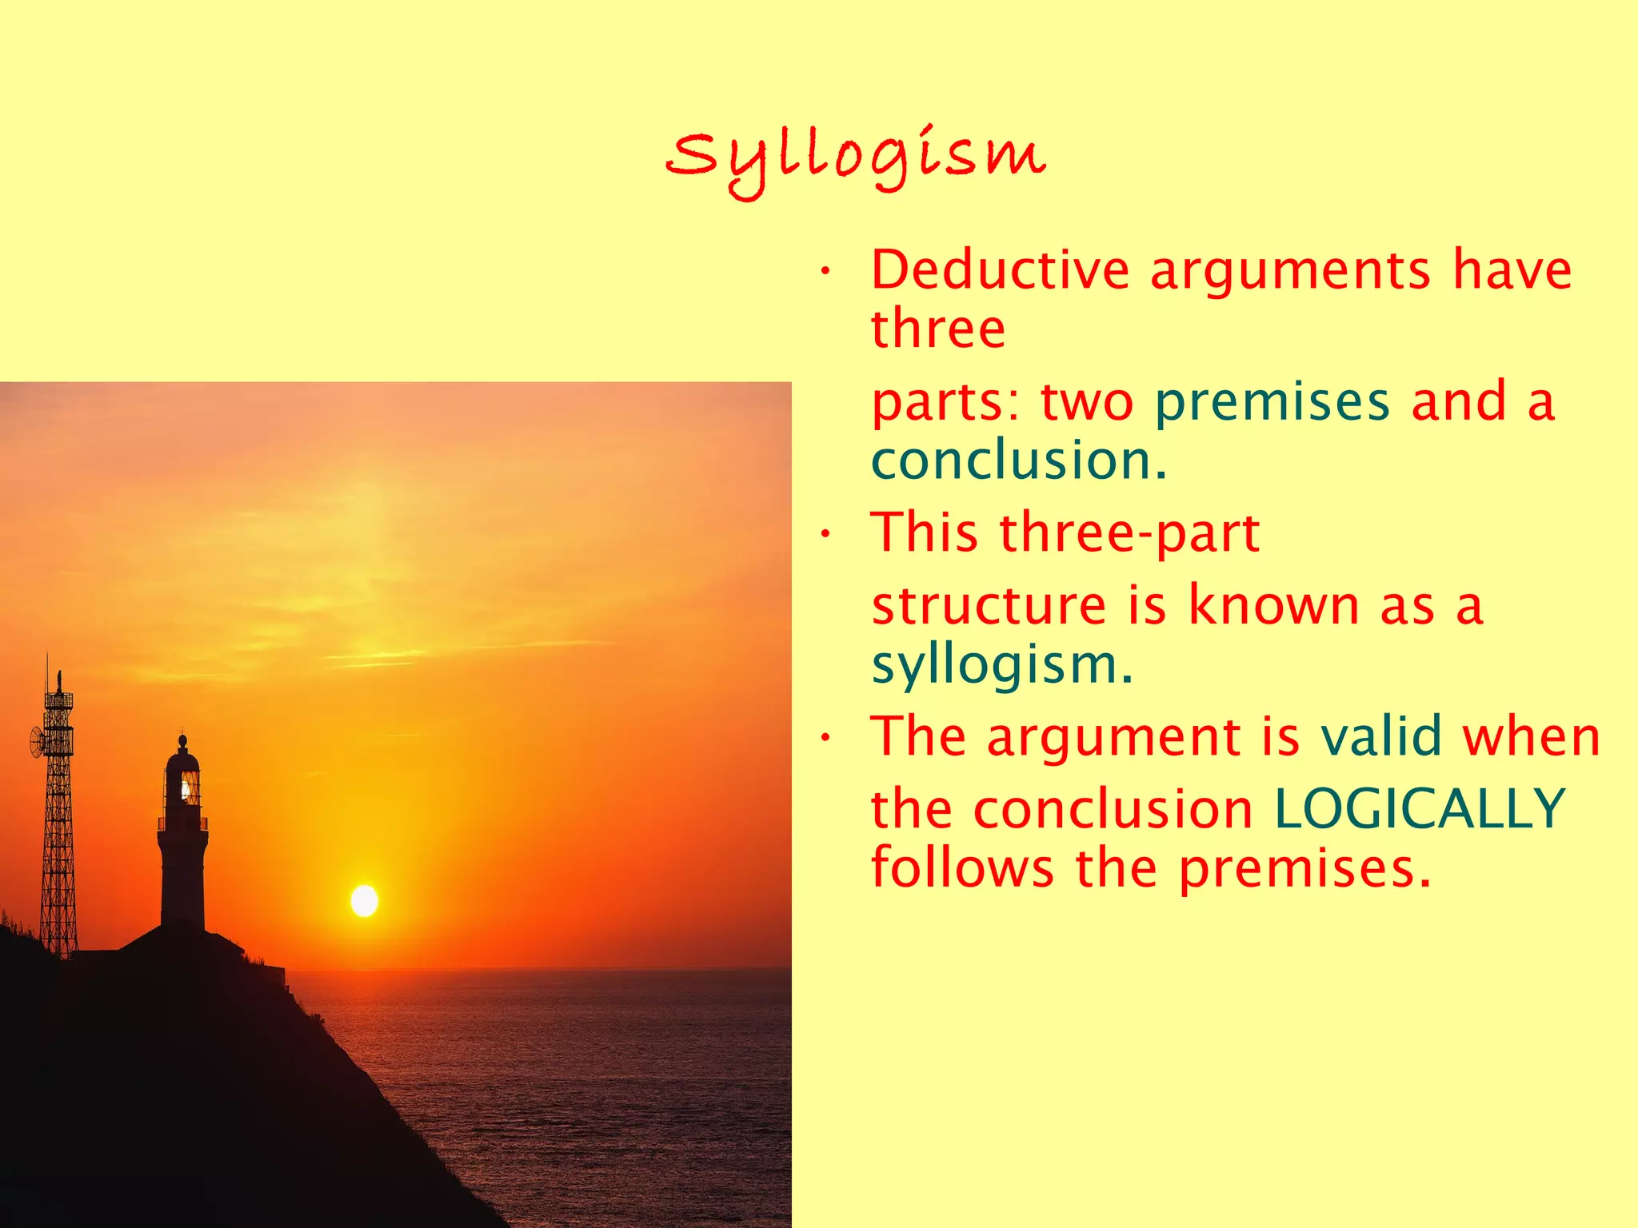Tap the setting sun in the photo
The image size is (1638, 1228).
coord(365,901)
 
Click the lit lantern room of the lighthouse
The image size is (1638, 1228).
coord(189,787)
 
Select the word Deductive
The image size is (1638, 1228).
coord(1000,269)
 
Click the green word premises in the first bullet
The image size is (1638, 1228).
coord(1272,401)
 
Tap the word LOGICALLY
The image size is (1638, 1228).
coord(1419,809)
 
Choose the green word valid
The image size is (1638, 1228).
coord(1381,736)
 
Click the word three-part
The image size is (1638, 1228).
coord(1129,532)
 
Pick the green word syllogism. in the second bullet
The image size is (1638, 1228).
coord(1002,664)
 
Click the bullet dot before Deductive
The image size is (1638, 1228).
coord(825,273)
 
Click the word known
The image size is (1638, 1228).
coord(1273,605)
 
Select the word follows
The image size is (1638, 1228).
coord(962,868)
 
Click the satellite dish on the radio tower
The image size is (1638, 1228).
coord(37,743)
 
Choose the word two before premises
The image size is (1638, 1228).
coord(1087,401)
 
